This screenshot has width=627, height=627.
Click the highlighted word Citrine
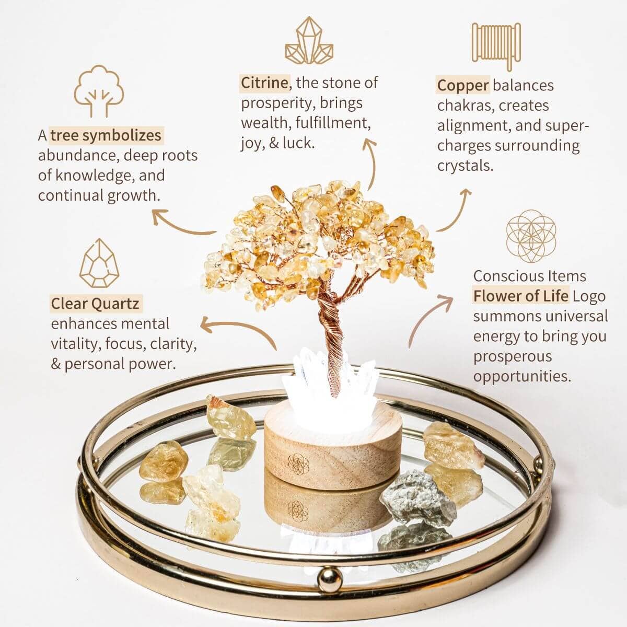[264, 83]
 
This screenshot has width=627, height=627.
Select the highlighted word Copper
[463, 85]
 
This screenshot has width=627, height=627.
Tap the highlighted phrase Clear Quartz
[95, 304]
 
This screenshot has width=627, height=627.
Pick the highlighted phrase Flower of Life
[520, 296]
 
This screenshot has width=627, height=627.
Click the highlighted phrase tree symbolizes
[106, 135]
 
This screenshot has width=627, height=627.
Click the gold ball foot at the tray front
[330, 577]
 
